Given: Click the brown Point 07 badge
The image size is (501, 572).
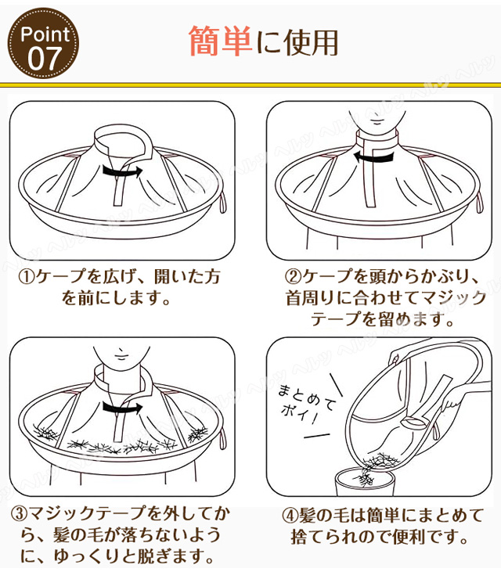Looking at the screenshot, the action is [43, 43].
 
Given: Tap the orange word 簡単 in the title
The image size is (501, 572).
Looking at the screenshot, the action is [220, 41].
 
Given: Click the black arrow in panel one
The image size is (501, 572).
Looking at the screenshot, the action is [122, 171].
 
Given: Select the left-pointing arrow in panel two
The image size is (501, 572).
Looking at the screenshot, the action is [373, 156].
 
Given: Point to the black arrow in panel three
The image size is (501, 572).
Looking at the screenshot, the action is [122, 408].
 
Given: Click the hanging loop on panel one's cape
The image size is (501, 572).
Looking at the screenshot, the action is [222, 203].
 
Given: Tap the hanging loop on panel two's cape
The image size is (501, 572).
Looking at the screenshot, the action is [479, 203].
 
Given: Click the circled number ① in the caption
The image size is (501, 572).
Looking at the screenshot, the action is [27, 277].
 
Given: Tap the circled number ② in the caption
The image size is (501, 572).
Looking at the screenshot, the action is [293, 276].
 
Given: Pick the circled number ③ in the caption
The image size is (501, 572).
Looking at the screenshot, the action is [19, 514].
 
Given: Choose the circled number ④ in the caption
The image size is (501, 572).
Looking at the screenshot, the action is [290, 516].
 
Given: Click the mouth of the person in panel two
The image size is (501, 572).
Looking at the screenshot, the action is [377, 121].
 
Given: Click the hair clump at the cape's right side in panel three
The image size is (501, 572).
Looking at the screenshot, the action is [198, 435].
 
